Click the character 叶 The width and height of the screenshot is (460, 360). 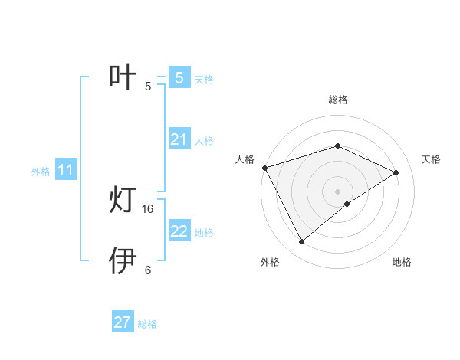tap(123, 77)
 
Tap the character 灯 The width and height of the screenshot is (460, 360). tap(123, 201)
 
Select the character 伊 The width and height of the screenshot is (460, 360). tap(123, 260)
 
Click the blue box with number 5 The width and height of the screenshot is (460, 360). tap(179, 77)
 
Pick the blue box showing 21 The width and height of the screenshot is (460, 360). tap(179, 139)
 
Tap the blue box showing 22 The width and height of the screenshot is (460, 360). tap(179, 231)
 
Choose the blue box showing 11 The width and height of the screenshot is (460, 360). tap(66, 171)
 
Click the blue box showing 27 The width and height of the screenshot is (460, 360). tap(123, 322)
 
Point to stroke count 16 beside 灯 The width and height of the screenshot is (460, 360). tap(148, 208)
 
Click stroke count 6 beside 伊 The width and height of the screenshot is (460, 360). tap(148, 270)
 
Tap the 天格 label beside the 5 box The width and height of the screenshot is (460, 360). tap(204, 79)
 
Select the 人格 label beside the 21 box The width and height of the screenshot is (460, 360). tap(204, 141)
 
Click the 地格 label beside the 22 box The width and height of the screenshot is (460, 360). tap(204, 233)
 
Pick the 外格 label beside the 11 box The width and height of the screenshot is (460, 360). tap(41, 172)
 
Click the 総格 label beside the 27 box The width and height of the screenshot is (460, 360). tap(147, 324)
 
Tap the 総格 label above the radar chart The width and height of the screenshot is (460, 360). tap(337, 100)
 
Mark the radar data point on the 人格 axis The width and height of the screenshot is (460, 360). tap(264, 167)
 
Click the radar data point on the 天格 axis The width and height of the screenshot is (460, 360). tap(396, 172)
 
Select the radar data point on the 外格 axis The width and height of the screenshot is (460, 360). tap(301, 242)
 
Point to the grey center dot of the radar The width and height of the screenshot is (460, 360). tap(337, 191)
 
